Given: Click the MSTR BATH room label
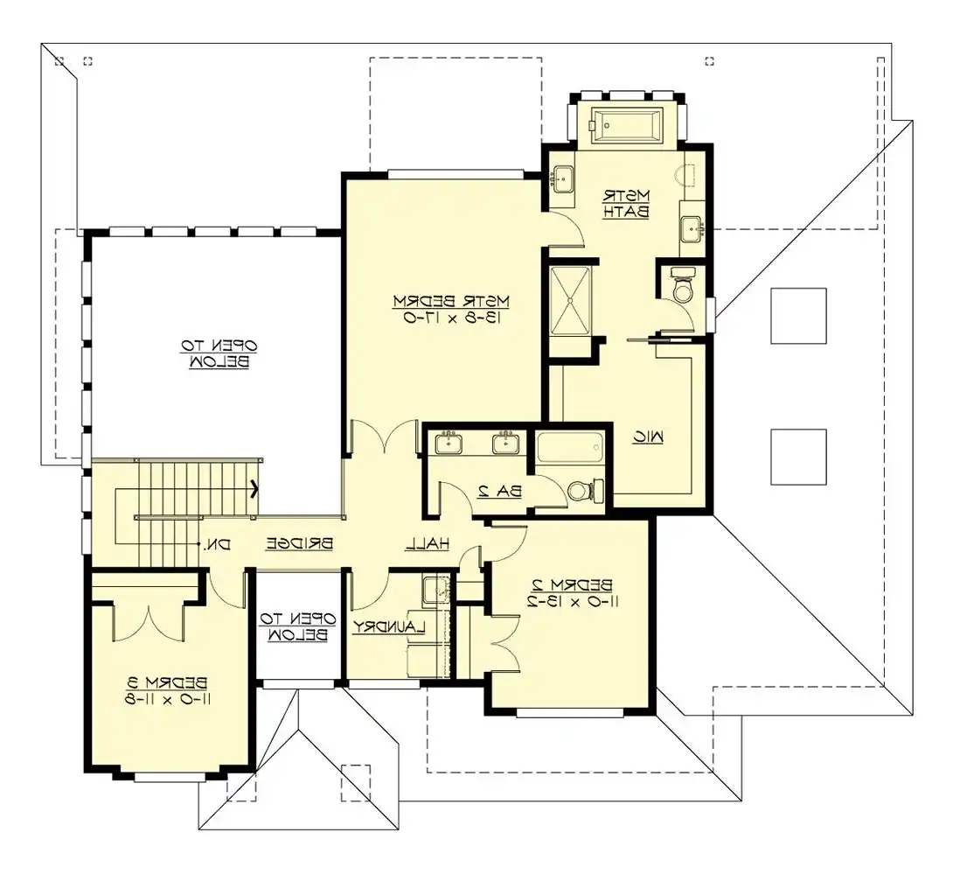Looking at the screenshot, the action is [626, 204].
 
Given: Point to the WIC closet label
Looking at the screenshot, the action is [648, 437].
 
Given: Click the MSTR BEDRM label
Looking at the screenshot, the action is [451, 301].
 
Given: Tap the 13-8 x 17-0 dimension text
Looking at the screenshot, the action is [451, 317].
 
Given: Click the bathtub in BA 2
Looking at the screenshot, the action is [569, 447].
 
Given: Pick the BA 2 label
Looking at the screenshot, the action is [499, 492].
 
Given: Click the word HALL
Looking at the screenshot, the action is [428, 544].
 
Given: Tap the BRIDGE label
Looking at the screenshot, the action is [300, 544].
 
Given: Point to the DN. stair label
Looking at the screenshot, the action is [218, 544].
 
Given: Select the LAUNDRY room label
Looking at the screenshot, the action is [389, 626].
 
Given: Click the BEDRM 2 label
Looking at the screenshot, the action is [573, 585].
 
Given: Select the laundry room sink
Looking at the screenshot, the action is [435, 590].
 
